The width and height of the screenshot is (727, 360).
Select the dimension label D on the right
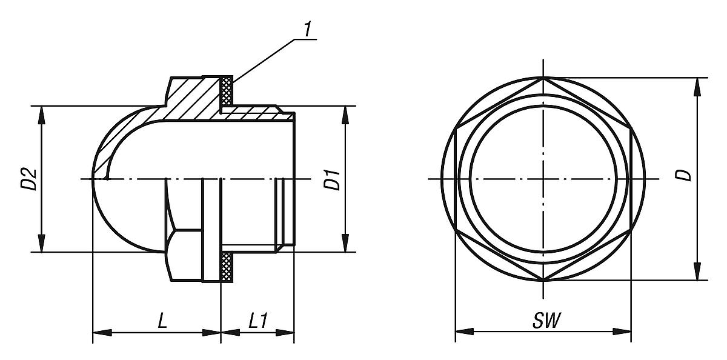[x=684, y=175]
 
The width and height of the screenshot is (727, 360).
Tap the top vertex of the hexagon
[x=543, y=78]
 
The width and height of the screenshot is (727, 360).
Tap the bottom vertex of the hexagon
[x=543, y=281]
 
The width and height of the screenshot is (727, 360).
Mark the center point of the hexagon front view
[x=543, y=179]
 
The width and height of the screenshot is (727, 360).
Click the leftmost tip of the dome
[x=93, y=179]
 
